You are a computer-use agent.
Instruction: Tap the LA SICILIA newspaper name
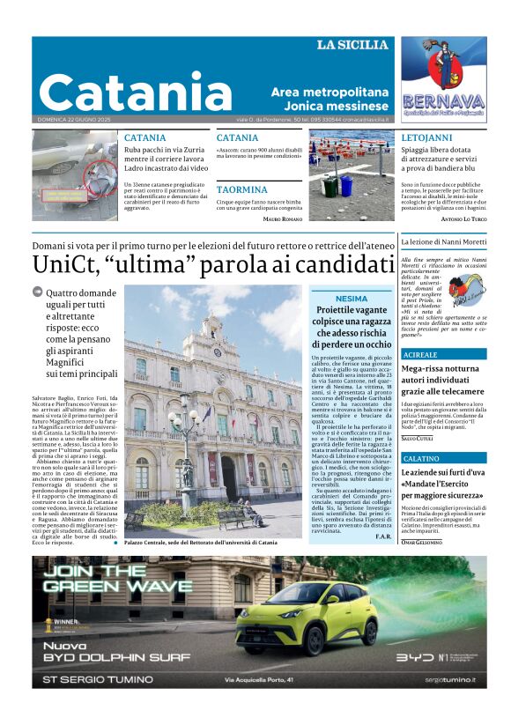(x=352, y=45)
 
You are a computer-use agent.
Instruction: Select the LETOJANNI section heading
(x=426, y=138)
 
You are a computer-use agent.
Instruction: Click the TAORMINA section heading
(x=241, y=189)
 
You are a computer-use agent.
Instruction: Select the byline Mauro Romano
(x=282, y=218)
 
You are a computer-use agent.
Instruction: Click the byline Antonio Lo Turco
(x=463, y=218)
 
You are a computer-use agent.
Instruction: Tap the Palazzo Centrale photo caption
(x=200, y=543)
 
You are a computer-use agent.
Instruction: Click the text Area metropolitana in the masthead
(x=330, y=92)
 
